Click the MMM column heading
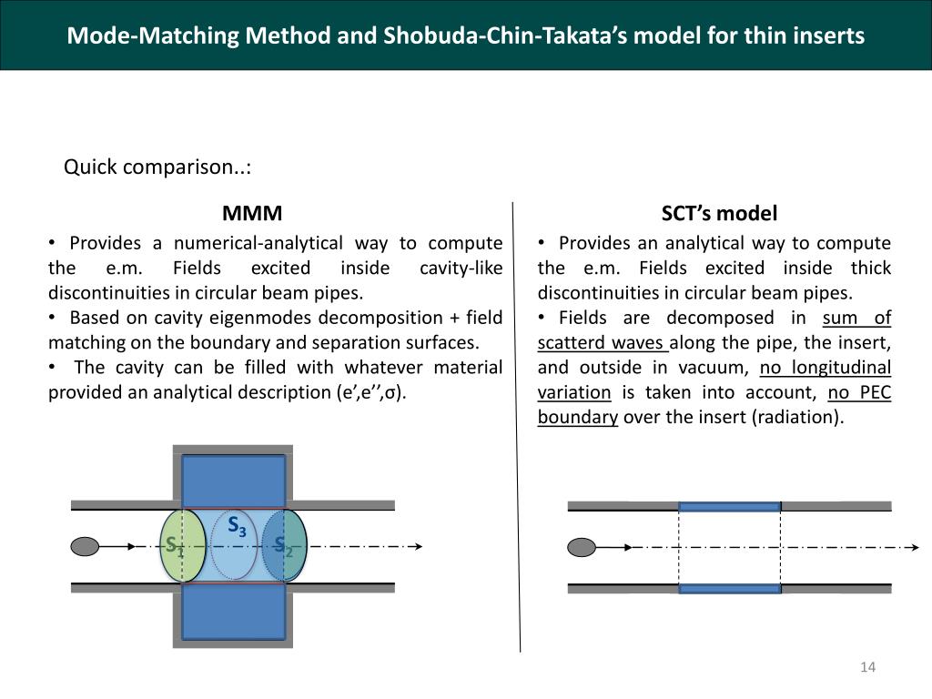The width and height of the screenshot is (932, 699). click(x=252, y=214)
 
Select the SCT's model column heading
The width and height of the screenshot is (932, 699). click(x=719, y=214)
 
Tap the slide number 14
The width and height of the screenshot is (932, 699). click(x=867, y=668)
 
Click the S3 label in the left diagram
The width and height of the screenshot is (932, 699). click(x=237, y=526)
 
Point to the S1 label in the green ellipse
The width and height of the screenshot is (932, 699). click(x=174, y=546)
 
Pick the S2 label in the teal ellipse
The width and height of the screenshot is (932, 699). click(x=284, y=546)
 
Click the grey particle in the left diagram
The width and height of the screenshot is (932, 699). click(x=85, y=546)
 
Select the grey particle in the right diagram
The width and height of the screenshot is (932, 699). click(x=582, y=547)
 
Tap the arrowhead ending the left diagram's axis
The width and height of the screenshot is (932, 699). click(x=418, y=546)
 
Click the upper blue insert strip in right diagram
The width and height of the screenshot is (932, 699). click(x=729, y=506)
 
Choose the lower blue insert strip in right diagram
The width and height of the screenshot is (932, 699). click(x=729, y=589)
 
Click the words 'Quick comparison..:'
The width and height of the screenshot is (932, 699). click(x=157, y=167)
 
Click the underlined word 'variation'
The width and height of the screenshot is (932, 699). click(x=574, y=393)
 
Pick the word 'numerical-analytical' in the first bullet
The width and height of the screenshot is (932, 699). click(x=258, y=243)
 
